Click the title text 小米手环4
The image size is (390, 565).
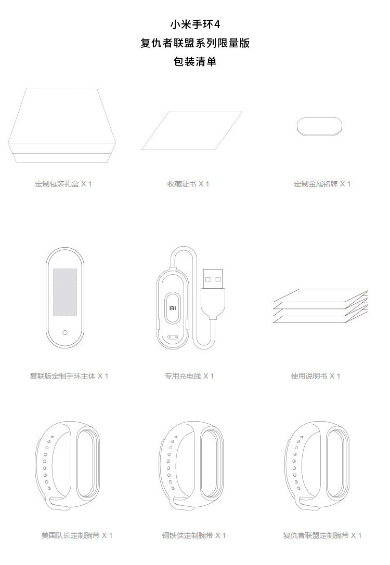point(195,24)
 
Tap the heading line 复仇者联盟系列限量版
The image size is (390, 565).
point(195,43)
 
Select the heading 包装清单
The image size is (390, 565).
point(195,62)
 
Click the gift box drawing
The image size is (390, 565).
point(62,125)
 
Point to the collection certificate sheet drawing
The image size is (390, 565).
point(192,130)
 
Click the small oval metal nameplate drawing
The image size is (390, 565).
point(319,126)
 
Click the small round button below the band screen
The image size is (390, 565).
point(65,332)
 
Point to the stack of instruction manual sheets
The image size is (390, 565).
point(320,306)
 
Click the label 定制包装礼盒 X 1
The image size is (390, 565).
point(63,184)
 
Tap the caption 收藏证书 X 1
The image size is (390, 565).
point(188,184)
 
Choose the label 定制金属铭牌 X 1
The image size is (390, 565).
point(322,184)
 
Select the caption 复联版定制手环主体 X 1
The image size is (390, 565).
point(69,376)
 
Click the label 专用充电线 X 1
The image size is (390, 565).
point(189,376)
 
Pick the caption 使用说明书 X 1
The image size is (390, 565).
point(316,376)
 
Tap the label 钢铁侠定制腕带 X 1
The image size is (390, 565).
point(193,535)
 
